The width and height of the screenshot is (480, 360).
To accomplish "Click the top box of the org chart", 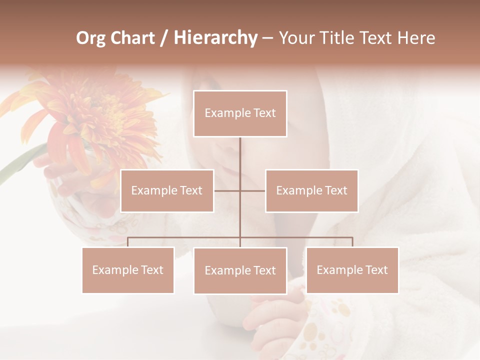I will click(x=240, y=113).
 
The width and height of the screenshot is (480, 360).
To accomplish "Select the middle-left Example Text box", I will click(x=167, y=190).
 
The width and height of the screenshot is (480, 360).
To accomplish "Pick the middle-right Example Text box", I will click(x=311, y=190).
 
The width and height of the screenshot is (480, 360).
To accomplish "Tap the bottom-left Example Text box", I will click(x=128, y=270).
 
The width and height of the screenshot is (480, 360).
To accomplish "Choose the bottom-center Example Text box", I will click(x=240, y=270).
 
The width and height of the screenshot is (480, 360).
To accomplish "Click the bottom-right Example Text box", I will click(x=352, y=270).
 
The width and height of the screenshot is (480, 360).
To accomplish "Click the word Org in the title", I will click(x=90, y=38).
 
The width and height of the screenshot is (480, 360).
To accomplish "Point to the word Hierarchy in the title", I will click(x=215, y=38).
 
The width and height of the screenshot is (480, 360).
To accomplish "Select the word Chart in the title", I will click(x=132, y=38).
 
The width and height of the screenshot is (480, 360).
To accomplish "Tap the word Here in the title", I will click(x=416, y=38).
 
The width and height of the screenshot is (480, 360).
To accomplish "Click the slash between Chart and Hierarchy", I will click(x=164, y=38).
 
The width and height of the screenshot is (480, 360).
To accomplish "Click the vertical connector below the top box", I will click(x=240, y=155).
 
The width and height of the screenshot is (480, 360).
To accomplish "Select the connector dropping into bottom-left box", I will click(x=128, y=242).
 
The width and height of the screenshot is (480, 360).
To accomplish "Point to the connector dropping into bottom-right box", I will click(x=352, y=242).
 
